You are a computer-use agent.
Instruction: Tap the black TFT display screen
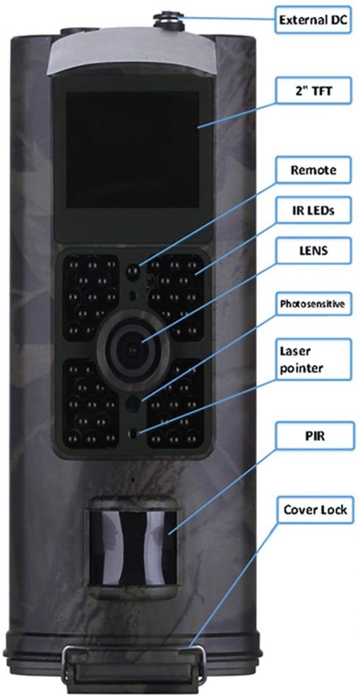tap(132, 150)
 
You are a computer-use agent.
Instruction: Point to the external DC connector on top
tap(168, 21)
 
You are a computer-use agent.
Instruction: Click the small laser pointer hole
tap(133, 433)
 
